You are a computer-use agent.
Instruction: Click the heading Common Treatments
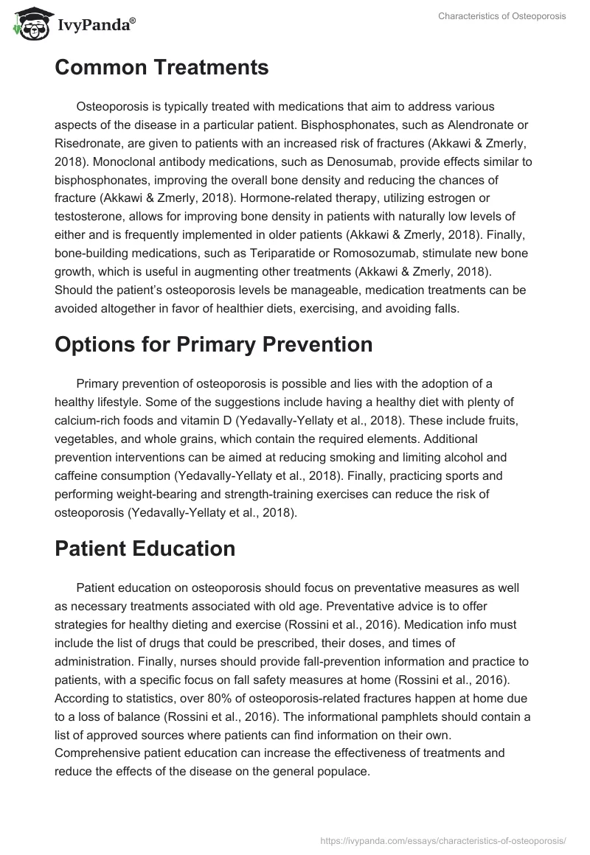[x=162, y=69]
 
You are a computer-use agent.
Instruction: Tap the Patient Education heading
[x=145, y=548]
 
